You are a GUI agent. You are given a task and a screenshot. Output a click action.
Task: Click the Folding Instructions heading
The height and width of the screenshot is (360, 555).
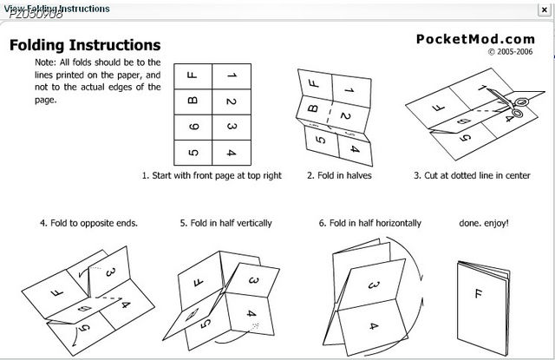click(x=84, y=44)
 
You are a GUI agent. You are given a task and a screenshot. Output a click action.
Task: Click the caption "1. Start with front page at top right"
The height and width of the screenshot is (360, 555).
click(x=212, y=175)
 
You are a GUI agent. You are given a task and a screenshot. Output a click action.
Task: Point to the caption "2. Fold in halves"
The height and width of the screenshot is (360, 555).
click(x=335, y=175)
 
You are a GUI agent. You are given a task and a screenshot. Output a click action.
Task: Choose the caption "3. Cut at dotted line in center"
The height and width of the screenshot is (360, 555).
click(x=472, y=175)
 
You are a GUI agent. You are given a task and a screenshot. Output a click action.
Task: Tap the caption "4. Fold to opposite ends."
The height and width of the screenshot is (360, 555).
click(x=88, y=223)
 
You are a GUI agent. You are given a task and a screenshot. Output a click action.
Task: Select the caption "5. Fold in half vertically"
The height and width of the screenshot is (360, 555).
click(x=225, y=223)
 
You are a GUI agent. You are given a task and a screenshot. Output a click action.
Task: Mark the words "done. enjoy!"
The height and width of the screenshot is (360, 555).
click(x=484, y=223)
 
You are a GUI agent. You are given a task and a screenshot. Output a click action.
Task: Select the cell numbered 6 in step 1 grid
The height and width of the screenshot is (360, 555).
click(x=193, y=128)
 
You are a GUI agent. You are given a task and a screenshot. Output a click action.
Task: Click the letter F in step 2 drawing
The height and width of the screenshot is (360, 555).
click(x=312, y=85)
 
